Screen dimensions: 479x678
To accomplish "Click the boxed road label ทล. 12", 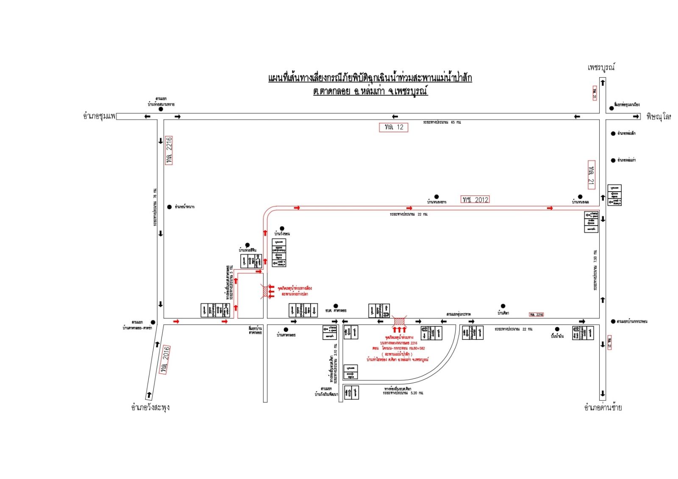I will [x=393, y=127].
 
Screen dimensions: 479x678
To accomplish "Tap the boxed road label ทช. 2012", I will [x=475, y=199].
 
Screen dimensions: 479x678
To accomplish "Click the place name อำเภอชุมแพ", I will [x=99, y=116].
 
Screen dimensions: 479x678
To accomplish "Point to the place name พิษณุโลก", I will [x=659, y=117].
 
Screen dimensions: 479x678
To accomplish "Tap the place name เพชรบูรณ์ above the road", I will [x=601, y=67].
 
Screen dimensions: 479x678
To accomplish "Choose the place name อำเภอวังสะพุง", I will [x=150, y=407].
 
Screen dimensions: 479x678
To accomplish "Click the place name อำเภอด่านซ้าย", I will [x=603, y=408].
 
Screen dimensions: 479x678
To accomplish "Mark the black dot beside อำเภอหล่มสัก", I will [x=613, y=134].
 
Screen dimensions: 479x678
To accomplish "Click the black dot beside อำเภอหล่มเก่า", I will [x=613, y=160].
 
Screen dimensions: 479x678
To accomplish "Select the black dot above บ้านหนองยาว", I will [x=436, y=197].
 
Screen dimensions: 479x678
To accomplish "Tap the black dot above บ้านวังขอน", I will [x=282, y=229].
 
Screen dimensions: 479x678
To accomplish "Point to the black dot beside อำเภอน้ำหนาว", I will [x=169, y=207].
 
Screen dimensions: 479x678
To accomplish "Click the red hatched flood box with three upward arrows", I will [x=400, y=320].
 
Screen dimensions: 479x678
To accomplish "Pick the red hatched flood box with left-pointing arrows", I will [x=264, y=291].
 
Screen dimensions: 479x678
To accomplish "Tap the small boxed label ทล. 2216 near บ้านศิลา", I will [x=536, y=315].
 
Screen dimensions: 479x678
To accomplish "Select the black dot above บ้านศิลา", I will [x=503, y=306].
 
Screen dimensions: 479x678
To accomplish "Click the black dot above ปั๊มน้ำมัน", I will [x=557, y=329].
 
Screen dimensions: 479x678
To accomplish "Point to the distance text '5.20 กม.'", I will [x=417, y=393].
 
